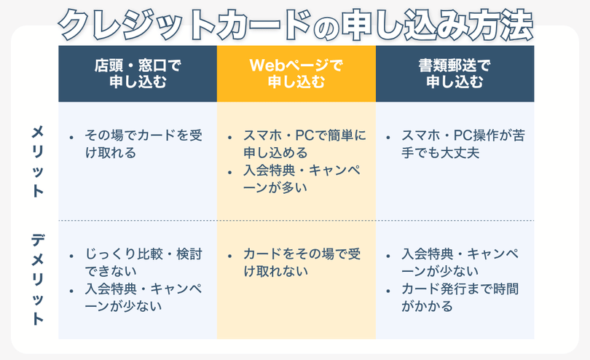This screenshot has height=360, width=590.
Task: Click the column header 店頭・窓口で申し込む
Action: point(138,74)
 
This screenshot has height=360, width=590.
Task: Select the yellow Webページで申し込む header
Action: point(296,74)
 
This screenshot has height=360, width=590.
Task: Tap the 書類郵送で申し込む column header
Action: point(455,74)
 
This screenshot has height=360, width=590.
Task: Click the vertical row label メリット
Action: point(38,162)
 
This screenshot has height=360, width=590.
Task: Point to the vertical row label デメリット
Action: point(38,279)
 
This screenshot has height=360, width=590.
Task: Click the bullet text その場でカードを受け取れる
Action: point(143,144)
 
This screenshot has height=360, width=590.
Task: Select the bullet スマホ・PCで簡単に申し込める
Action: point(304,144)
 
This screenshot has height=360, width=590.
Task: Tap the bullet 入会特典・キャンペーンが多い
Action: point(302,179)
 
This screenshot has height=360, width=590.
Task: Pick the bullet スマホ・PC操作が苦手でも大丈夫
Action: point(463,144)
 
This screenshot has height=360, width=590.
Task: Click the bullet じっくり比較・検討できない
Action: point(143,262)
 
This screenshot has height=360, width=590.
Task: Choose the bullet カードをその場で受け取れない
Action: point(302,262)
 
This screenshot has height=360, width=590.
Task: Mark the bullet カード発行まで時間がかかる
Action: point(460,297)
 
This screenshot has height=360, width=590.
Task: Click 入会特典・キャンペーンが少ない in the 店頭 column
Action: point(143,297)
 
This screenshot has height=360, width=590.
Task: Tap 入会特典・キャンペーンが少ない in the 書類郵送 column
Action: point(460,262)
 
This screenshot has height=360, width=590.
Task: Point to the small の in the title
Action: point(326,29)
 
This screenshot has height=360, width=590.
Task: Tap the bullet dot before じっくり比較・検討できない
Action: point(71,256)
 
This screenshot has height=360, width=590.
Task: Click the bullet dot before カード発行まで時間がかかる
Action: point(388,291)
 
